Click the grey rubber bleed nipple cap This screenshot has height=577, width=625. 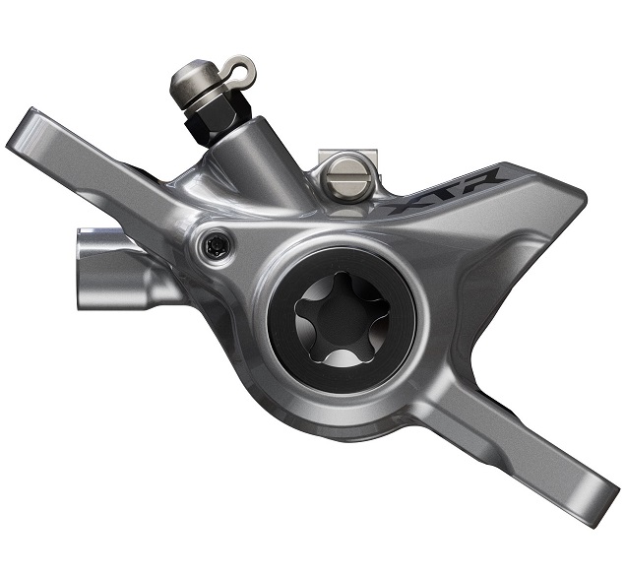pos(196,84)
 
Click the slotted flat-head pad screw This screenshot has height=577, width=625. pos(348,178)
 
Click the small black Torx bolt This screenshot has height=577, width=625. pos(215,245)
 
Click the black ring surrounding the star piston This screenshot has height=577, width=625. pos(279,319)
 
